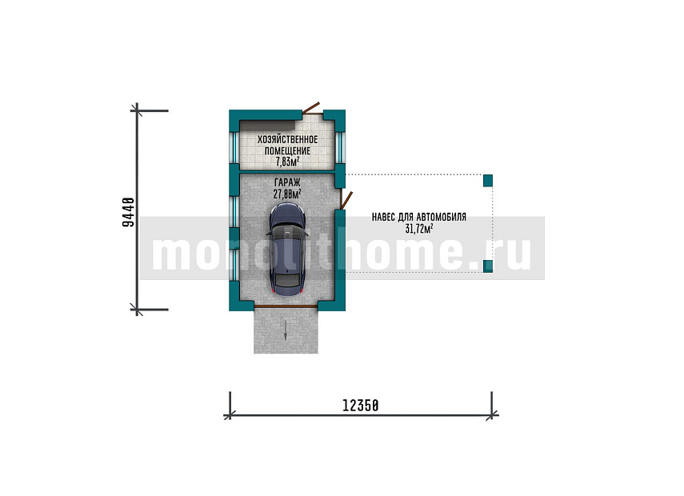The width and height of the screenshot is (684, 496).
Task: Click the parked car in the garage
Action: [286, 250]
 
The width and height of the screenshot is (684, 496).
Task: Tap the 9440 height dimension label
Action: [128, 212]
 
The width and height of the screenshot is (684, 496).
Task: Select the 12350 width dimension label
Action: [360, 406]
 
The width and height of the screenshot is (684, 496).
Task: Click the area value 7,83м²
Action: [287, 162]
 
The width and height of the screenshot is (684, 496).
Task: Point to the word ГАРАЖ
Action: [287, 182]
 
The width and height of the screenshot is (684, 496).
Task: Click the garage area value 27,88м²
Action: [287, 194]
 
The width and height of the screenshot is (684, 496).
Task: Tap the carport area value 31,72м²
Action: [419, 228]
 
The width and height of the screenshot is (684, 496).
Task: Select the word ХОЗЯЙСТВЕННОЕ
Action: [287, 139]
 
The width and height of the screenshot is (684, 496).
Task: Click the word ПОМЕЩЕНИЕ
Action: [287, 151]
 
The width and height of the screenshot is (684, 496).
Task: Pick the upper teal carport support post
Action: [488, 180]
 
